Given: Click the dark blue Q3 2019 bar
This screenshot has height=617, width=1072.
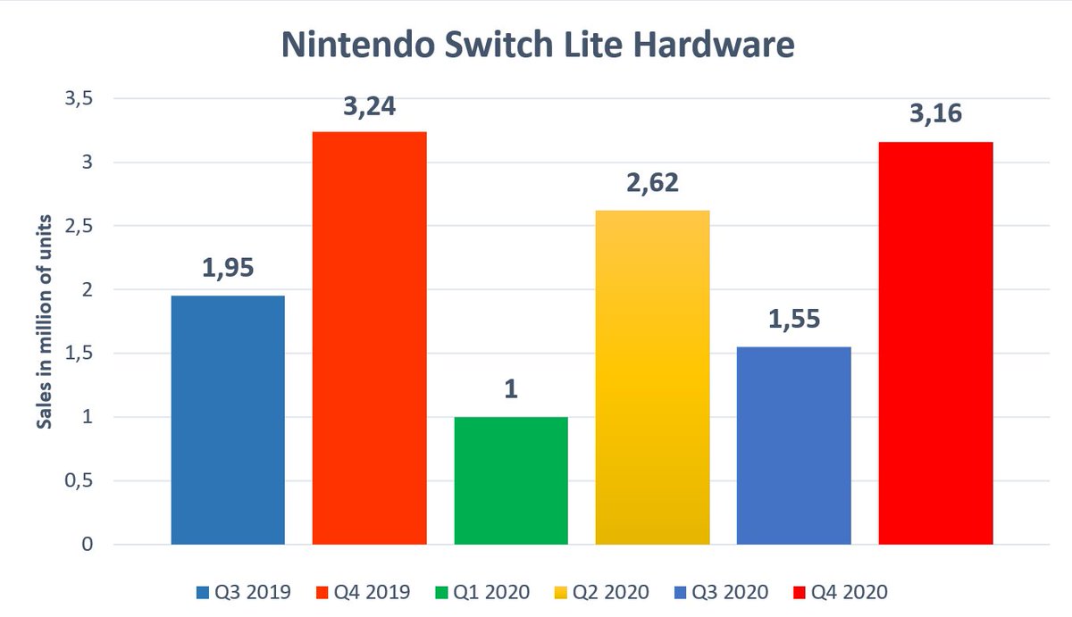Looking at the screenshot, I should (228, 420).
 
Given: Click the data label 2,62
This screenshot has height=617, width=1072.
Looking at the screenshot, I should (652, 182).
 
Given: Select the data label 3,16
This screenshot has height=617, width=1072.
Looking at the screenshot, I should (935, 114).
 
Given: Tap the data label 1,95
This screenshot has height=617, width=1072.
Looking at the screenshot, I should (228, 268).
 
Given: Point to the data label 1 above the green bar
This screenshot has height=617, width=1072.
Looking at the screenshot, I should (511, 389).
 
